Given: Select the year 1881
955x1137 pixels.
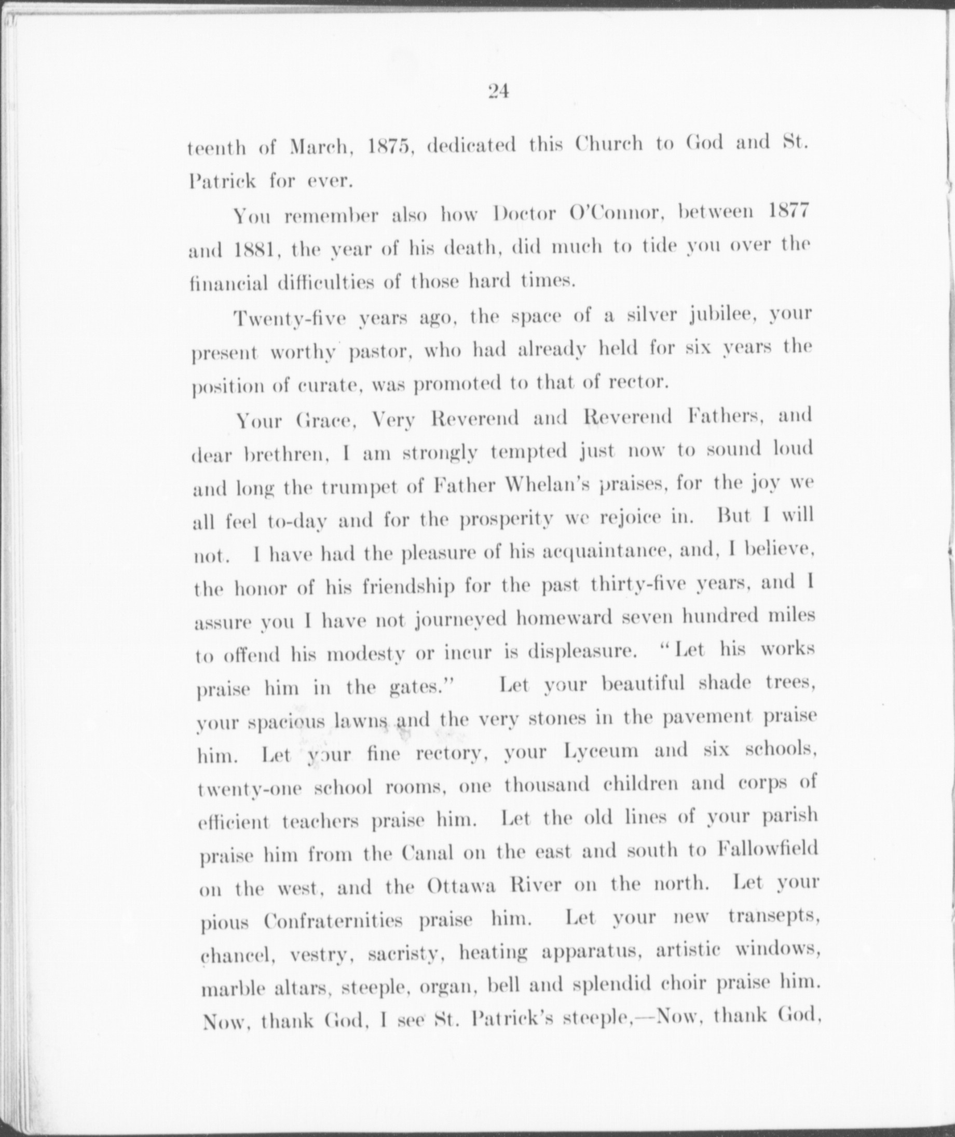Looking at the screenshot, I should [x=257, y=250].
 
